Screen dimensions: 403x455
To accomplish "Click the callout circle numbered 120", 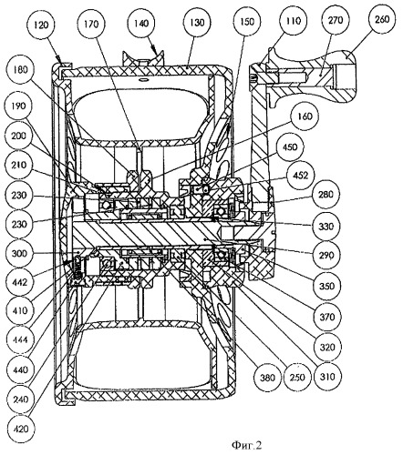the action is pos(41,25).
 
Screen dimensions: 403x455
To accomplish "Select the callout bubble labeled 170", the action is pos(91,24).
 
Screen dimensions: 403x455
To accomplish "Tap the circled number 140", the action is pos(141,23).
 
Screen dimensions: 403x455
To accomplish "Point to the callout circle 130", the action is pos(197,23).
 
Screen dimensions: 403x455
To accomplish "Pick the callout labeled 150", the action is pos(247,22).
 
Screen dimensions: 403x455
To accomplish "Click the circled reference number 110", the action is pos(294,20).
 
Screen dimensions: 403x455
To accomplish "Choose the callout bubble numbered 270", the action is pos(336,20).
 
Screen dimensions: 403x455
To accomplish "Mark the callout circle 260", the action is pos(382,19).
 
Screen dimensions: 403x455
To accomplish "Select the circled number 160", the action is pos(305,116).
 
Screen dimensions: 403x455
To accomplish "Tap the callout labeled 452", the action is pos(300,176).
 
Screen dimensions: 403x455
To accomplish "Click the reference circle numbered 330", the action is pos(325,227).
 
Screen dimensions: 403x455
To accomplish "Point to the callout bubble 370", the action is pos(327,317).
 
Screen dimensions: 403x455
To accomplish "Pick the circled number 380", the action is pos(267,378).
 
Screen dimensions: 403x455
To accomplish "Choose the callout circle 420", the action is pos(21,429).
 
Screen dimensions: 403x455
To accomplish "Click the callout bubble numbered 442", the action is pos(21,282).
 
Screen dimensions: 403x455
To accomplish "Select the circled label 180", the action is pos(21,69).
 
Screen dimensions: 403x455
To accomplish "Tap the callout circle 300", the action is pos(19,253).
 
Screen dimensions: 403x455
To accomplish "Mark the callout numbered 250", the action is pos(297,378).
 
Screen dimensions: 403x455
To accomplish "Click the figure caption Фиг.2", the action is pos(246,445).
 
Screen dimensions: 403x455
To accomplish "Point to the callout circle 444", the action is pos(21,339).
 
